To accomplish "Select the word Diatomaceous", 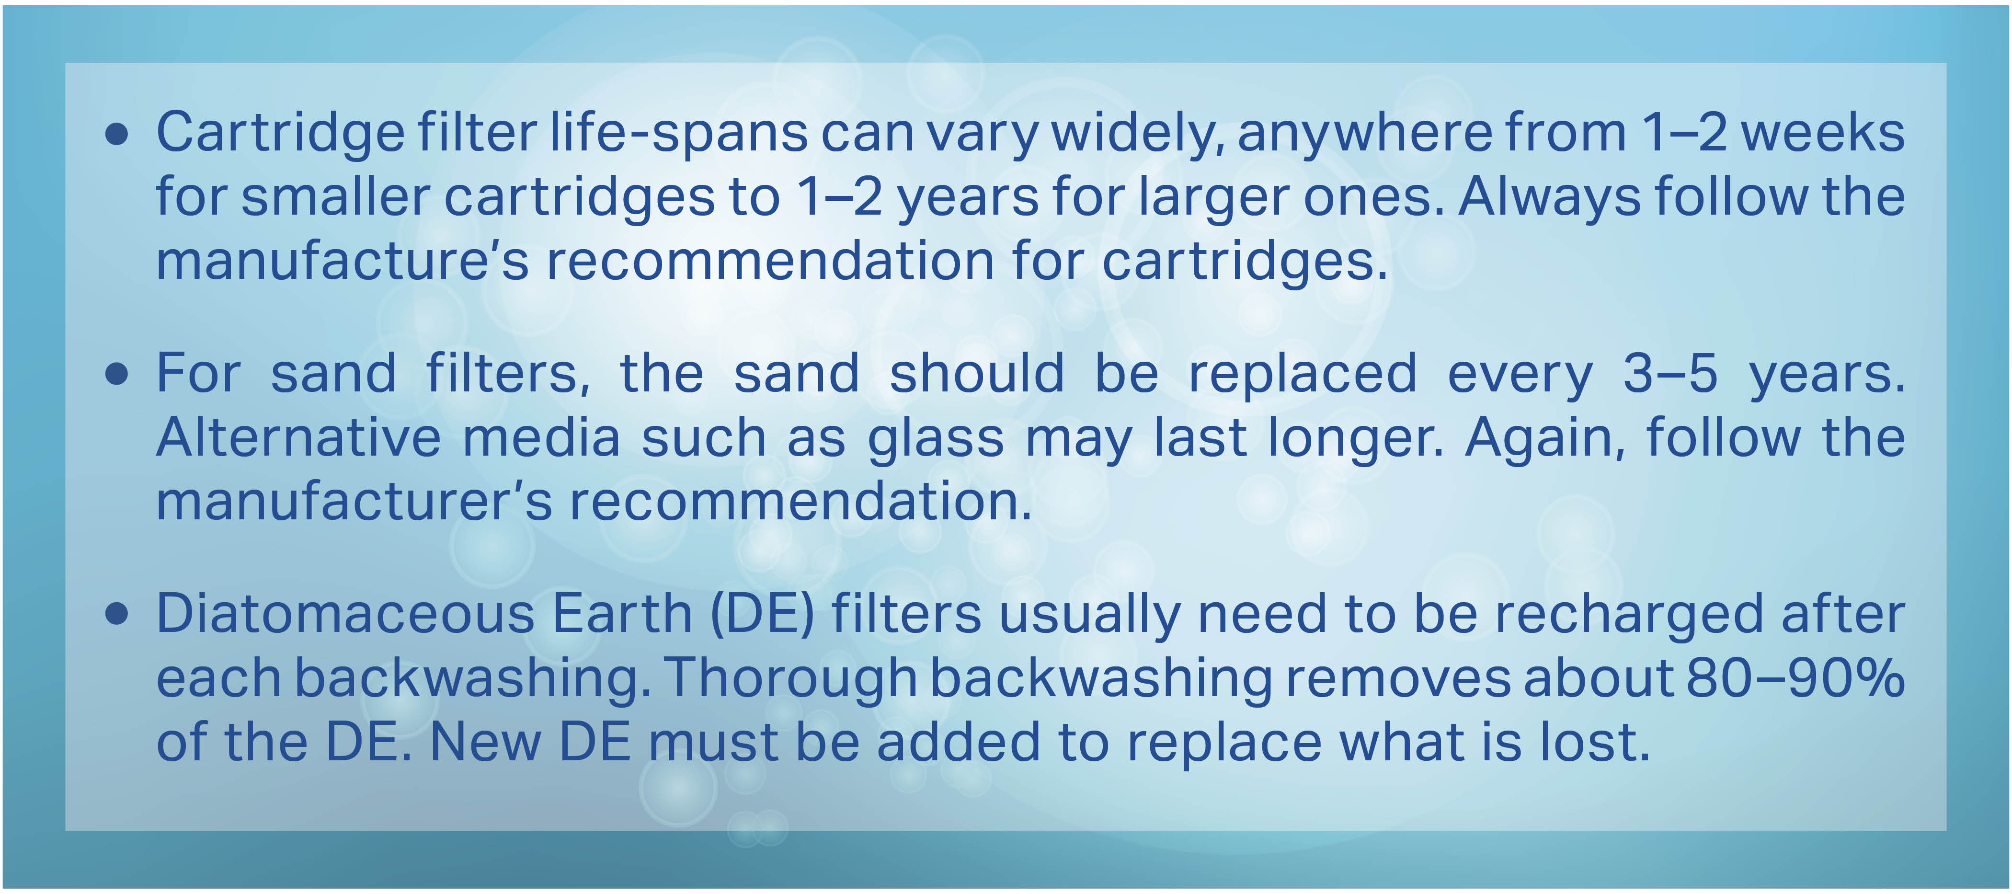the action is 345,614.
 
